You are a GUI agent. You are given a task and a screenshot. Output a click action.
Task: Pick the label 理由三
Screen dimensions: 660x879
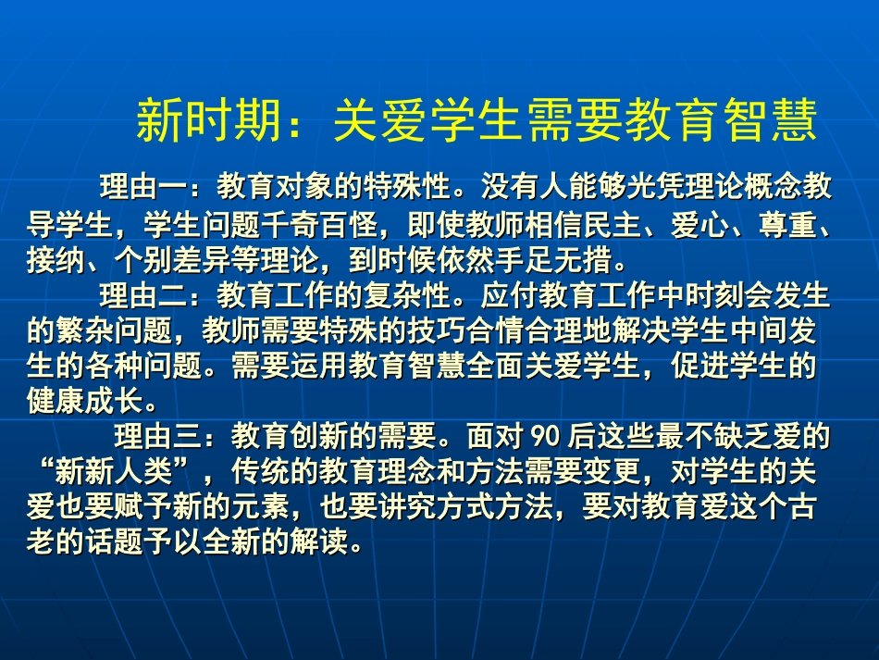(157, 434)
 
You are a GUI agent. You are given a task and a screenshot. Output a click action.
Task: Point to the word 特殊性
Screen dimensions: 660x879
(406, 188)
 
